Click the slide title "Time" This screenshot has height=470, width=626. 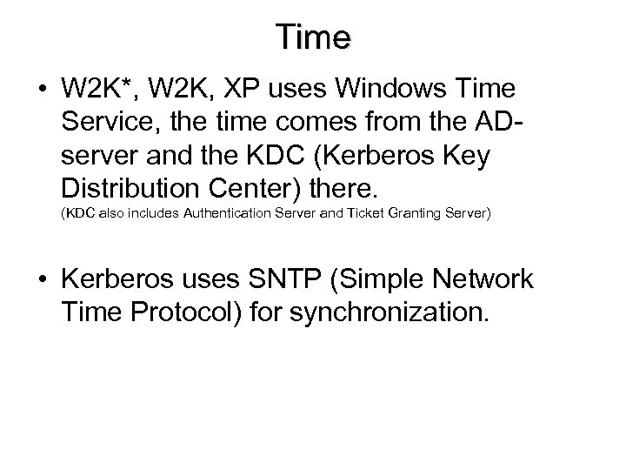313,37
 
